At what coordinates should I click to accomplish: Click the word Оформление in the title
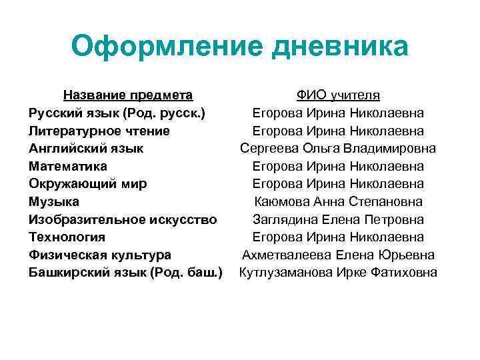click(160, 47)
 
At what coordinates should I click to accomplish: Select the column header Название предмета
click(128, 95)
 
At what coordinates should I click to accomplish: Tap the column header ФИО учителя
click(339, 95)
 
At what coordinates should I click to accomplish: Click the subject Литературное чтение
click(99, 131)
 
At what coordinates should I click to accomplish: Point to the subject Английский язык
click(86, 148)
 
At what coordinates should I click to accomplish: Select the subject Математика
click(68, 166)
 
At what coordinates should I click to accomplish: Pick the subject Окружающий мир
click(88, 183)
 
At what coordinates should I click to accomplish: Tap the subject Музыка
click(54, 201)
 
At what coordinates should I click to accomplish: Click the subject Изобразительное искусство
click(123, 219)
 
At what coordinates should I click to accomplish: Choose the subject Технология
click(67, 237)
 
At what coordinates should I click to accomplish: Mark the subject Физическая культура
click(100, 255)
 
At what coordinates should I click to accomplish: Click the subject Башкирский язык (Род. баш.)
click(125, 272)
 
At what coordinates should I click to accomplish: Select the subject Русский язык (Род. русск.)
click(117, 113)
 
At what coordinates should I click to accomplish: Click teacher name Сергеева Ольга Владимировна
click(339, 148)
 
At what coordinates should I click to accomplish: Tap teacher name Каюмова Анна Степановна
click(339, 201)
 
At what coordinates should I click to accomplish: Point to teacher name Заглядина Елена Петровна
click(339, 219)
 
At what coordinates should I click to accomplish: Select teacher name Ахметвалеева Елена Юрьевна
click(339, 255)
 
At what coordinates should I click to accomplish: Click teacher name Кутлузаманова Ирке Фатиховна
click(339, 272)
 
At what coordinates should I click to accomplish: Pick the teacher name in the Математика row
click(339, 166)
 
